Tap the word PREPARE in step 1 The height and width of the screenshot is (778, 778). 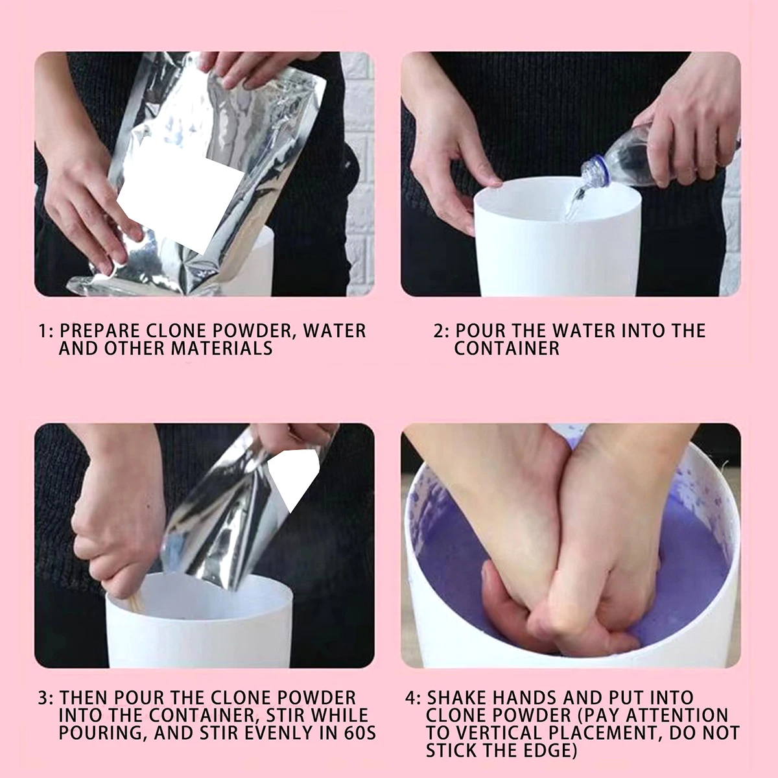click(99, 331)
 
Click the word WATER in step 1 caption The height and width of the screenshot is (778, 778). click(335, 331)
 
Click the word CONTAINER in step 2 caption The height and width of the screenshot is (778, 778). click(507, 348)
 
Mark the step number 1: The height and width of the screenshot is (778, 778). click(45, 331)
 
